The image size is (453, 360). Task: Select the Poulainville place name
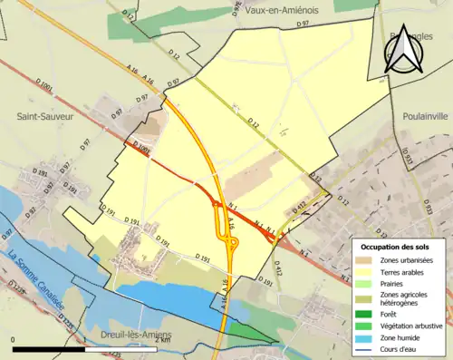coord(423,117)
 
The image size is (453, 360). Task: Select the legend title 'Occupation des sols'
coord(398,247)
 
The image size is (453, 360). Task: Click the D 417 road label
coord(299,210)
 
